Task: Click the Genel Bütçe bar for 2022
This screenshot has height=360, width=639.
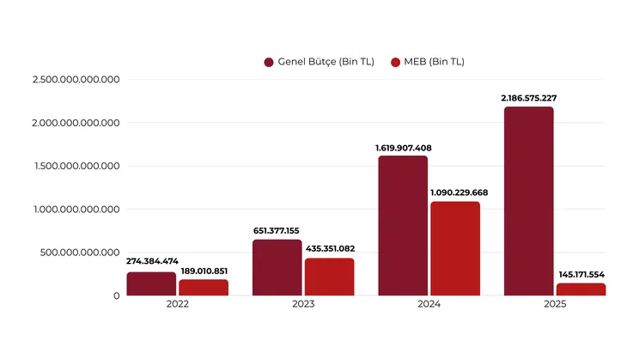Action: (151, 284)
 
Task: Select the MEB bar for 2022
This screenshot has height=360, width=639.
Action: (204, 287)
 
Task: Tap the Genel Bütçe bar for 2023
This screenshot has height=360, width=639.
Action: (277, 267)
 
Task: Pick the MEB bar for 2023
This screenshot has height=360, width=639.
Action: (329, 277)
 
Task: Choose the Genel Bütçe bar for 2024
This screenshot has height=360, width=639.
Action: (403, 225)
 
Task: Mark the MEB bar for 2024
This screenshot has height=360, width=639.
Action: (455, 248)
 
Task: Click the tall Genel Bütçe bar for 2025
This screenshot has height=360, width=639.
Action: (528, 201)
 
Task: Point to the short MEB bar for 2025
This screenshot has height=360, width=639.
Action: (581, 290)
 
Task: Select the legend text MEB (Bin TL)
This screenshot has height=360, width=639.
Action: (435, 62)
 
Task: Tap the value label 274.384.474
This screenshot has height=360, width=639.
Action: (152, 260)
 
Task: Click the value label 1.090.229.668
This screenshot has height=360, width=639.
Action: (455, 192)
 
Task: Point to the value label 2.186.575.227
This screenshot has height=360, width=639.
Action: (529, 98)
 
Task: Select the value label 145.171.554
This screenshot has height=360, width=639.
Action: (581, 274)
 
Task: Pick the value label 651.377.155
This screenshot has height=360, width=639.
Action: (277, 230)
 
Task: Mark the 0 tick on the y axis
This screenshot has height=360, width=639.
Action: (116, 296)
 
